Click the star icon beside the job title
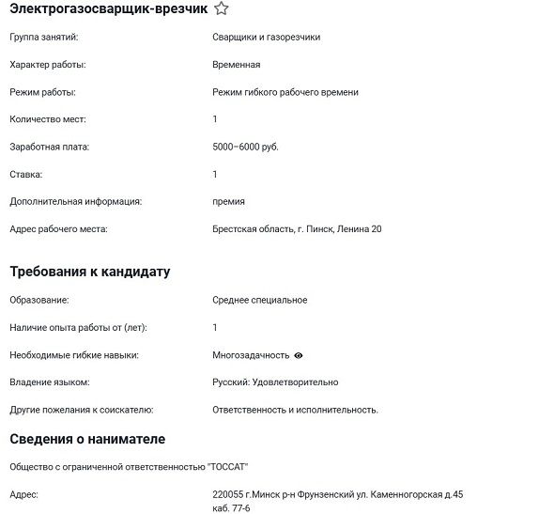(x=221, y=8)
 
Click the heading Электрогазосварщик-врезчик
(x=108, y=8)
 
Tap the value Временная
(x=236, y=65)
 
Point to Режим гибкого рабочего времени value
(x=285, y=92)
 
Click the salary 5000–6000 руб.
(x=245, y=147)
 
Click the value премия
(x=228, y=201)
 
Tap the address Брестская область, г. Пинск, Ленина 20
(x=297, y=228)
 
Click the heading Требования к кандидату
(x=89, y=272)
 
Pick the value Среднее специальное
(x=259, y=300)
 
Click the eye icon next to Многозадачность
(x=299, y=355)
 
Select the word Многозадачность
(x=251, y=355)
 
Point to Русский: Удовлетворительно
(x=275, y=382)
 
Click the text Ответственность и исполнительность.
(x=295, y=410)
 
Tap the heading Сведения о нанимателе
(x=87, y=439)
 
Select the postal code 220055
(x=227, y=493)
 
